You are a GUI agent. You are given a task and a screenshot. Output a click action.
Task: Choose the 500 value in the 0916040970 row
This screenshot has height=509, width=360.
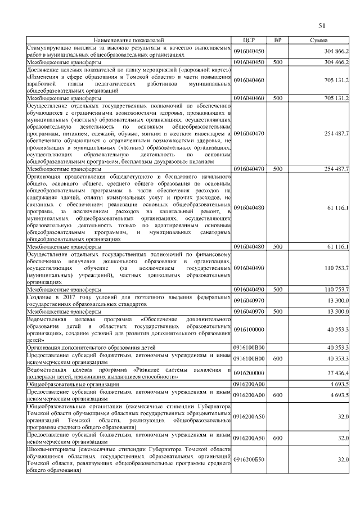[277, 311]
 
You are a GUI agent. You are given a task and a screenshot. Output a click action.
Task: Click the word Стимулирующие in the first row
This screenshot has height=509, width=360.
[48, 49]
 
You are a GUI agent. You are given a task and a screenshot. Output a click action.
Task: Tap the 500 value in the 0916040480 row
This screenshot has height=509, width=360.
[277, 246]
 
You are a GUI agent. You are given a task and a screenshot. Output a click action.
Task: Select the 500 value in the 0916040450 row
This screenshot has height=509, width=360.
[277, 62]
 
